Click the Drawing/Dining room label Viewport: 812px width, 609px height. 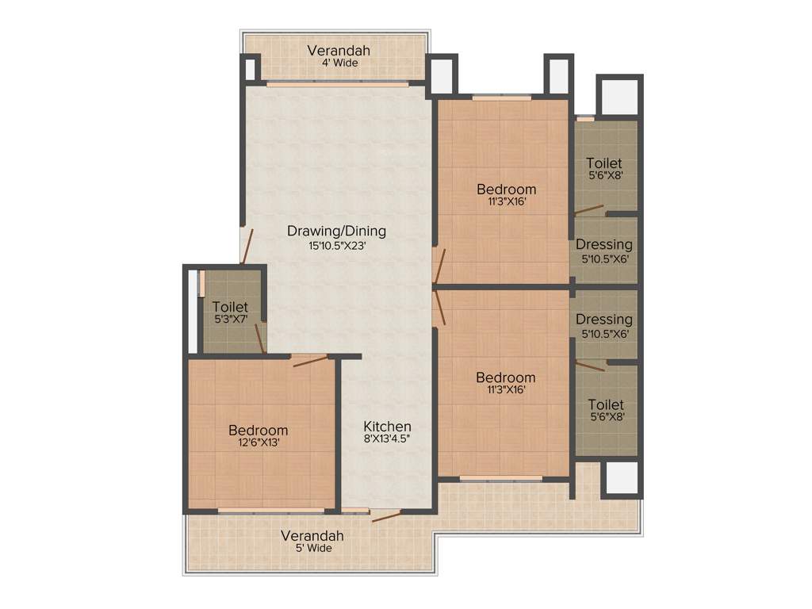pos(336,231)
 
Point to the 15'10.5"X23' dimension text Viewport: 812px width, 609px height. pos(336,246)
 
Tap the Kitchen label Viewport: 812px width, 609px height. pos(387,426)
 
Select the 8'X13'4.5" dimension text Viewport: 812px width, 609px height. pos(387,439)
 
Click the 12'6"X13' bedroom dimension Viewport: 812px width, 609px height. pos(258,443)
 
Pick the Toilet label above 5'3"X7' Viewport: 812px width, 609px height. pos(230,307)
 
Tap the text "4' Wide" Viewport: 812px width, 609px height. pos(339,63)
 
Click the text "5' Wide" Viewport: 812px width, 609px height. pos(312,548)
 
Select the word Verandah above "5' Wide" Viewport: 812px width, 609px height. pos(312,535)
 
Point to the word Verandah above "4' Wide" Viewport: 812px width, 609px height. pos(339,51)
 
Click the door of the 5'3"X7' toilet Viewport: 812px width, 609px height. pos(259,339)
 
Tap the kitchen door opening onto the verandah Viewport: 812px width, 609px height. pos(385,517)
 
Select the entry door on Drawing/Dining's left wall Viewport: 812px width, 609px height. pos(247,246)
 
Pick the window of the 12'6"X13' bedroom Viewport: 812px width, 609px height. pos(270,510)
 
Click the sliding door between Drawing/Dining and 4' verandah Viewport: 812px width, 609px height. pos(336,83)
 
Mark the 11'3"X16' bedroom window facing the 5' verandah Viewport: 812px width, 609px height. pos(500,479)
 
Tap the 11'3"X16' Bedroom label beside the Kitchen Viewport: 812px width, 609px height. pos(506,377)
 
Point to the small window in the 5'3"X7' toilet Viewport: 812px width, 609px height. pos(202,283)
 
